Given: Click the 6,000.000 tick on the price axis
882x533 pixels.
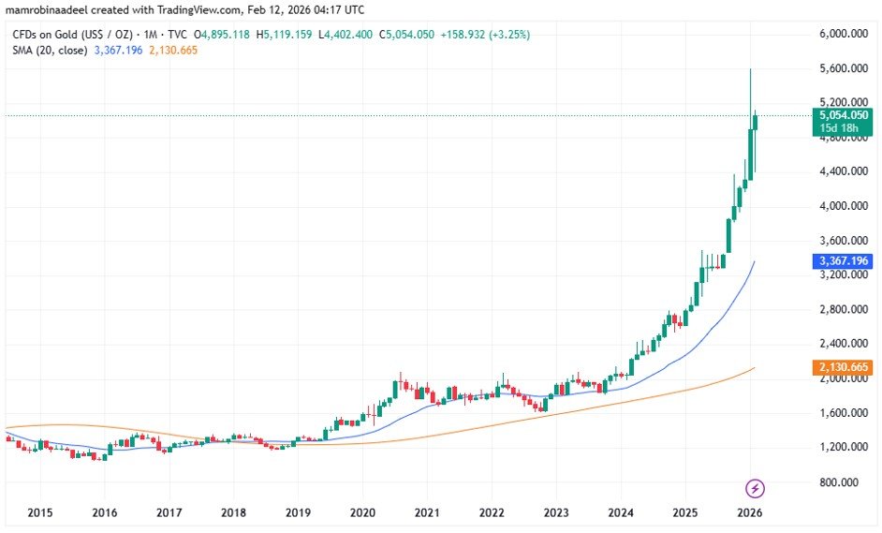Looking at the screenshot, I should tap(842, 34).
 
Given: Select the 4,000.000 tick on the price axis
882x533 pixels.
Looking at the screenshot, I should tap(842, 206).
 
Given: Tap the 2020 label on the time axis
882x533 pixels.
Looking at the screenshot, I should tap(362, 513).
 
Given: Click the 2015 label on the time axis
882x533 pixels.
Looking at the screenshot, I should tap(39, 513).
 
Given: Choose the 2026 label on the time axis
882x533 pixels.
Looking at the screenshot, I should tap(750, 513).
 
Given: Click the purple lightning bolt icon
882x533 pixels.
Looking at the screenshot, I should tap(756, 488).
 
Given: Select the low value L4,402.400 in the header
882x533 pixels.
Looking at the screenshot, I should tap(344, 35).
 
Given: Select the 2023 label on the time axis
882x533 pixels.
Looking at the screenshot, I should tap(556, 513).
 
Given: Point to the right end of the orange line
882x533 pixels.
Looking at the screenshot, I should tap(754, 368).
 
